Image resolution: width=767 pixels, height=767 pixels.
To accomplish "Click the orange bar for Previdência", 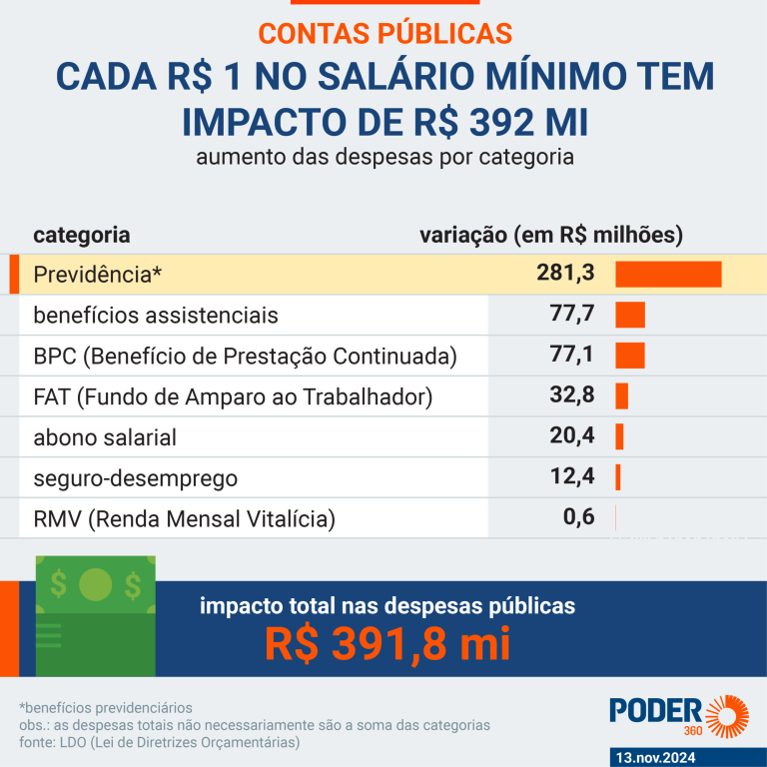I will pyautogui.click(x=668, y=275).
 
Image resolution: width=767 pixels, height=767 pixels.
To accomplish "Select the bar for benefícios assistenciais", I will pyautogui.click(x=630, y=316).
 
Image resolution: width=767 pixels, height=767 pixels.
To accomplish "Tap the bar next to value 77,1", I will pyautogui.click(x=630, y=356).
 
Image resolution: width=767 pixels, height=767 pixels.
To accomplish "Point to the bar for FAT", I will pyautogui.click(x=621, y=396).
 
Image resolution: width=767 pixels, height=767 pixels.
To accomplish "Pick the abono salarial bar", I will pyautogui.click(x=619, y=436).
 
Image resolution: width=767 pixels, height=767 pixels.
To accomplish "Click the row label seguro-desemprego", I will pyautogui.click(x=136, y=478).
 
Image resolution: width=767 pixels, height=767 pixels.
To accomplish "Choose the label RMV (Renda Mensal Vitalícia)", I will pyautogui.click(x=184, y=519).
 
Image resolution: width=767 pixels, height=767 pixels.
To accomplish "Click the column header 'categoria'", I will pyautogui.click(x=82, y=236).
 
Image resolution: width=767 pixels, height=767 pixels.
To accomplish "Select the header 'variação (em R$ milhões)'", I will pyautogui.click(x=551, y=236).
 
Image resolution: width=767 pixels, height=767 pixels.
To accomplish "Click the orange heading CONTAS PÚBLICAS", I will pyautogui.click(x=384, y=32).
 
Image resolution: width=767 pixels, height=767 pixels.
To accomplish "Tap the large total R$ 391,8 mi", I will pyautogui.click(x=387, y=643).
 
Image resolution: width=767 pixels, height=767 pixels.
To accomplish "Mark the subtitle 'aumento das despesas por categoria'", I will pyautogui.click(x=384, y=158).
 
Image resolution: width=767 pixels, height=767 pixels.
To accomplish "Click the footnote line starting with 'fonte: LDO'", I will pyautogui.click(x=160, y=742).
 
